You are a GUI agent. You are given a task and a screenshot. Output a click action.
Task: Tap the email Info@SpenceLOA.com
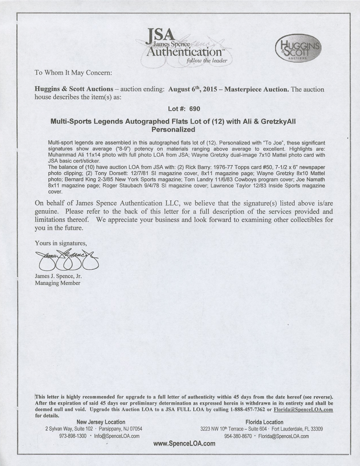[x=117, y=436]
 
